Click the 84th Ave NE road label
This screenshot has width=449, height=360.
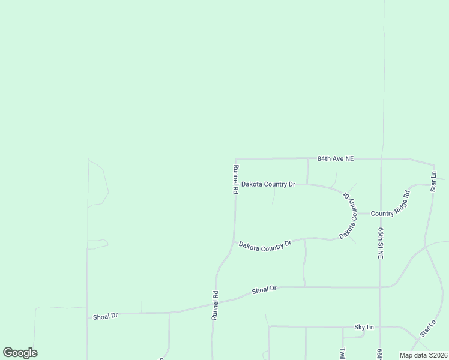[336, 158]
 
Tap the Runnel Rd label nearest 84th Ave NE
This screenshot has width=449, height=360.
[236, 179]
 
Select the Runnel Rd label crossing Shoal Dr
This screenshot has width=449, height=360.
[214, 305]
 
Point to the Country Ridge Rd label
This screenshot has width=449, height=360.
[390, 205]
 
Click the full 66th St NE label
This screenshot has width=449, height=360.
[381, 242]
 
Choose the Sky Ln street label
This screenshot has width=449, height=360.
[364, 327]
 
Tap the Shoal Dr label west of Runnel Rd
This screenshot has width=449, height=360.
[105, 316]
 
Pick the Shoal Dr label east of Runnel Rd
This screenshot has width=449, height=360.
[264, 289]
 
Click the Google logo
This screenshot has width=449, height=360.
[20, 353]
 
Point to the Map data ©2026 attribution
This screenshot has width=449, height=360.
[424, 355]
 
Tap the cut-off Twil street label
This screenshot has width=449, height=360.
[343, 353]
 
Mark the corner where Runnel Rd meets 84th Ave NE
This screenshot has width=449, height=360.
[236, 159]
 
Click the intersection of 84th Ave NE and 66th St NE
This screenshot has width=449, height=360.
[382, 158]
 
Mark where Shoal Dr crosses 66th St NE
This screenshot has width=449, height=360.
[380, 287]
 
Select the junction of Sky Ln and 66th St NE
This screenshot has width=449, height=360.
[380, 327]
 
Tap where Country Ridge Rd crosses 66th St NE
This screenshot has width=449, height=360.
[381, 213]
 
